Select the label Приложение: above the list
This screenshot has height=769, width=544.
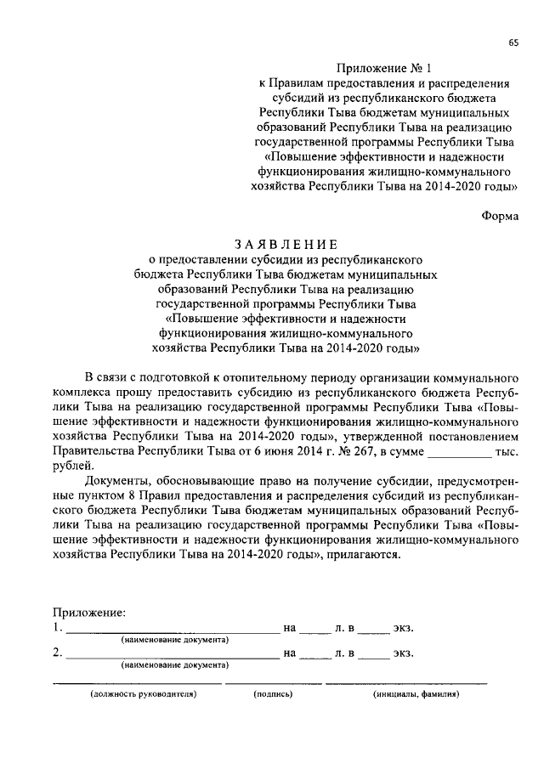(x=89, y=612)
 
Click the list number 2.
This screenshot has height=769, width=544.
(x=57, y=653)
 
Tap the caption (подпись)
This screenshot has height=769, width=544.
(x=273, y=693)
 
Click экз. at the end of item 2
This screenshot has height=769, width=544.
(x=402, y=653)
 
